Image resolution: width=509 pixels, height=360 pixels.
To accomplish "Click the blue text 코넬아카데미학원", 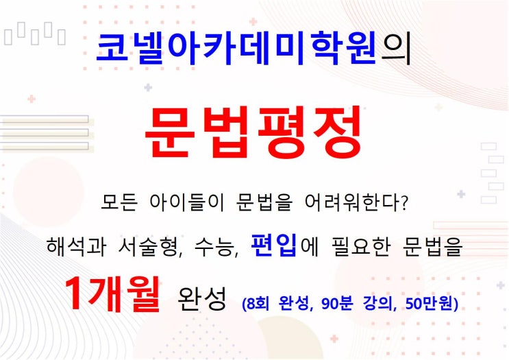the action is click(x=236, y=47).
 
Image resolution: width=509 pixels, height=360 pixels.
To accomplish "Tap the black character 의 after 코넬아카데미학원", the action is click(x=396, y=49).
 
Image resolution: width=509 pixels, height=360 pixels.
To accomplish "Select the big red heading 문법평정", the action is click(x=253, y=132).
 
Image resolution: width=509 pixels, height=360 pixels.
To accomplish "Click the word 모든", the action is click(x=119, y=202).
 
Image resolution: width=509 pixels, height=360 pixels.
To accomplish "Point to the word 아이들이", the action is click(x=187, y=202).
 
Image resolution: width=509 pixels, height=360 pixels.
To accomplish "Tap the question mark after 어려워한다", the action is click(x=404, y=203).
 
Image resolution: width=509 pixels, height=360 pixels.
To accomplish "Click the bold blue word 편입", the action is click(x=273, y=245).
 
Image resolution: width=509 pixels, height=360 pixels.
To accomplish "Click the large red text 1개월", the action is click(x=112, y=294).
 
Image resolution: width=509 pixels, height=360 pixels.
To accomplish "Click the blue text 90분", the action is click(x=336, y=304).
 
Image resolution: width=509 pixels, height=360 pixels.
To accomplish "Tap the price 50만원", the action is click(x=429, y=304).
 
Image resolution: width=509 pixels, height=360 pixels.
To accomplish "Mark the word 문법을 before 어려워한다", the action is click(x=264, y=202).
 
